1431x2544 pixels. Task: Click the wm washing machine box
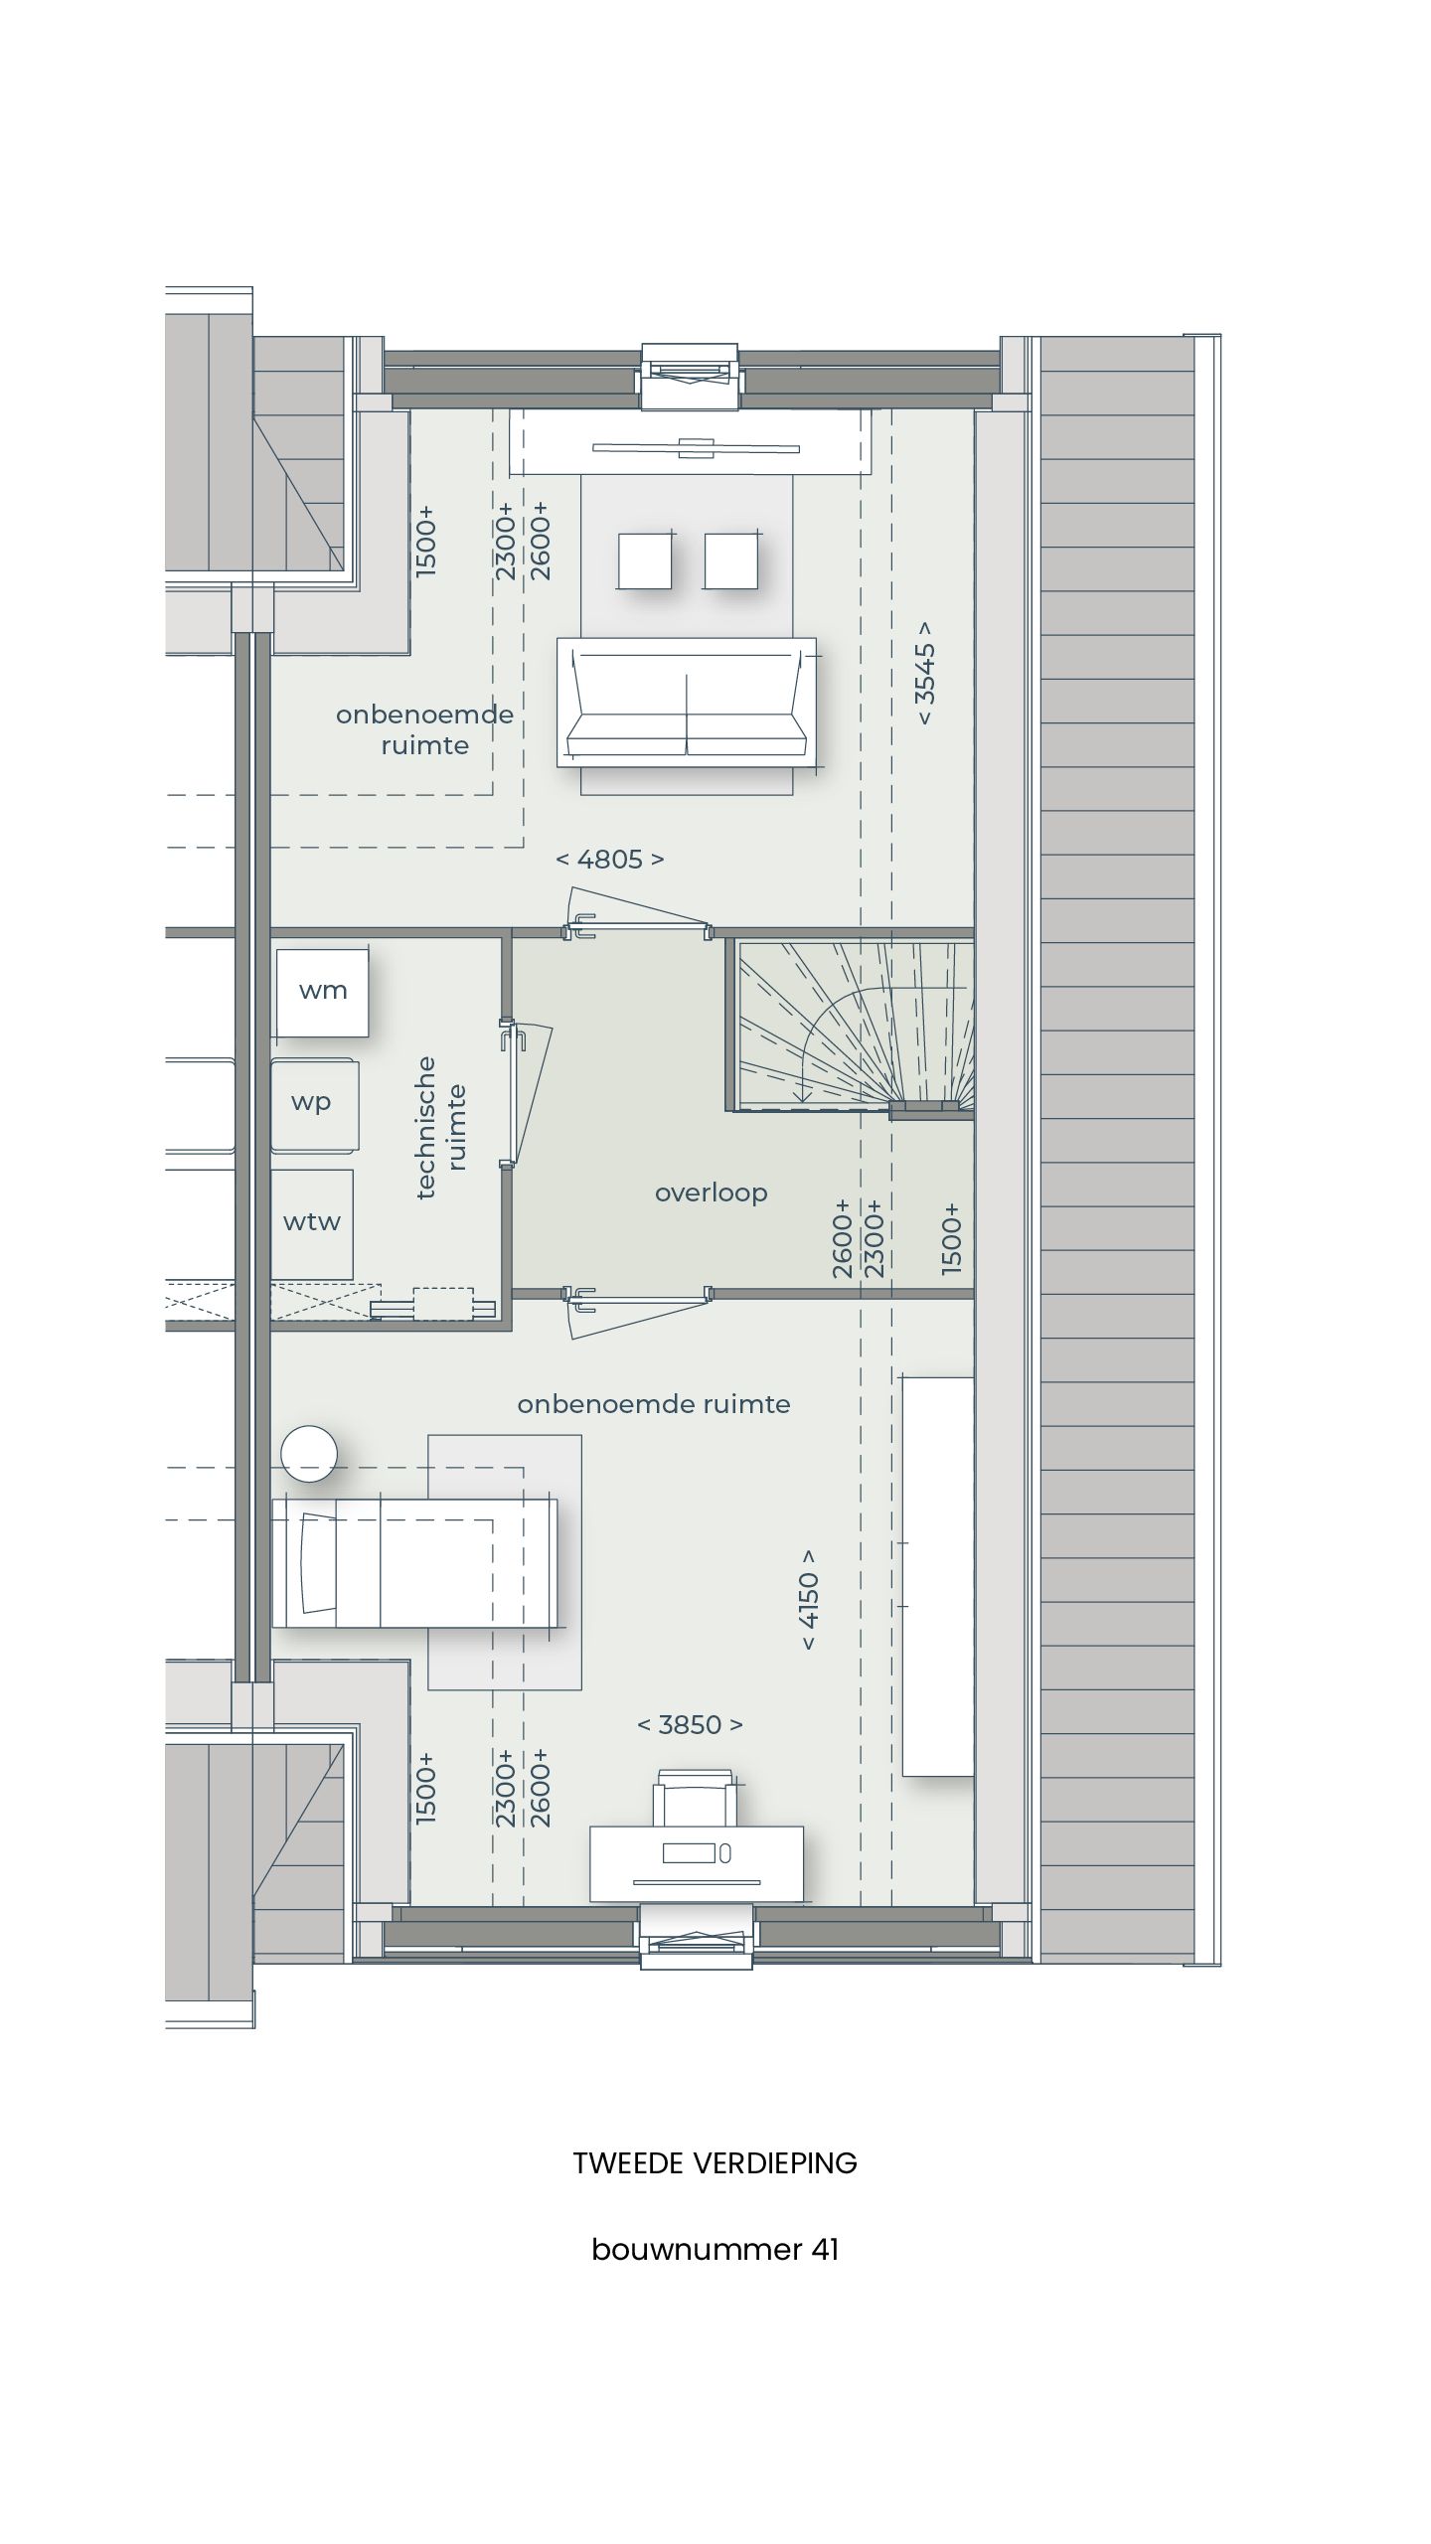click(322, 992)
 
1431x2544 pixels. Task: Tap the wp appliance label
click(311, 1103)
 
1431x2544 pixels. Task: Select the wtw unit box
click(312, 1223)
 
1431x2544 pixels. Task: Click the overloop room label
click(711, 1192)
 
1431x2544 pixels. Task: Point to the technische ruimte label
click(441, 1127)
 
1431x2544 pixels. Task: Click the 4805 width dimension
click(609, 860)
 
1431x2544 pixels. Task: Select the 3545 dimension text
click(924, 673)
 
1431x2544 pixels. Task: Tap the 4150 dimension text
click(809, 1599)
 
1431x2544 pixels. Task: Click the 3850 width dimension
click(690, 1724)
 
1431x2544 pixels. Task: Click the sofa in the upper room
click(687, 703)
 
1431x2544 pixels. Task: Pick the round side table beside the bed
click(308, 1454)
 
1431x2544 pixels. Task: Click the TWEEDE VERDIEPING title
click(715, 2163)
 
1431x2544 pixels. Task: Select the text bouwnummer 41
click(715, 2250)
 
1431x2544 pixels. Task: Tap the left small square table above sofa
click(644, 560)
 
